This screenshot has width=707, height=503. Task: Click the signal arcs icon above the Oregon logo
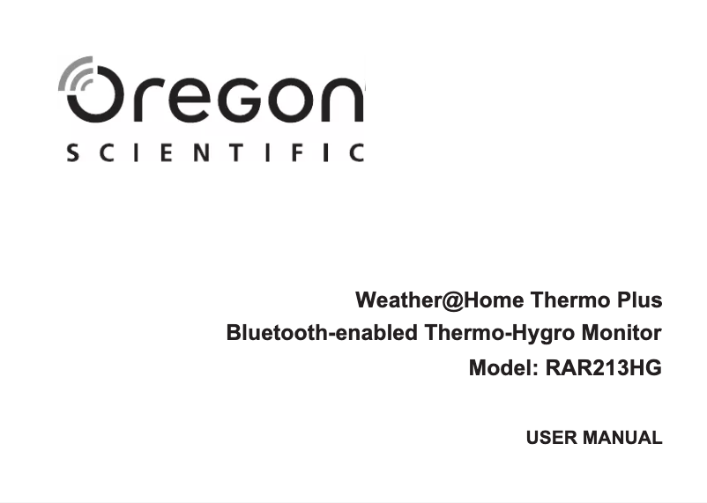pyautogui.click(x=77, y=74)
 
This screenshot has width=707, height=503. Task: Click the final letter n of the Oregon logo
pyautogui.click(x=342, y=100)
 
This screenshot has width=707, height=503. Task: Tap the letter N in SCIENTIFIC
pyautogui.click(x=198, y=153)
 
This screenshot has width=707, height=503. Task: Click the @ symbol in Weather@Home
pyautogui.click(x=450, y=301)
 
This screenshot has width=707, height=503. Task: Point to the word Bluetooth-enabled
pyautogui.click(x=322, y=335)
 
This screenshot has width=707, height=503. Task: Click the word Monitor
pyautogui.click(x=621, y=335)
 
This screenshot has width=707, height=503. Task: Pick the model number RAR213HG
pyautogui.click(x=603, y=368)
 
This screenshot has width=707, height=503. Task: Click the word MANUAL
pyautogui.click(x=620, y=438)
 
